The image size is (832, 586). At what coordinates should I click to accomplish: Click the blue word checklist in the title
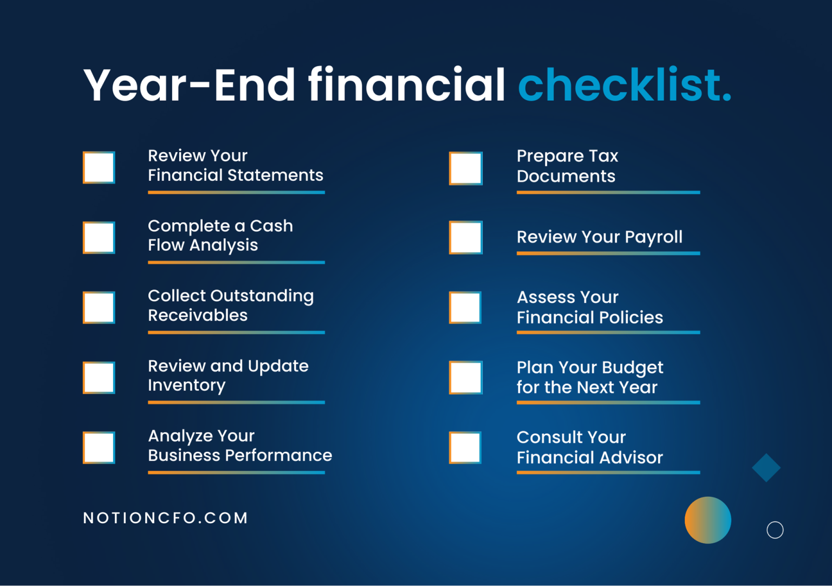624,85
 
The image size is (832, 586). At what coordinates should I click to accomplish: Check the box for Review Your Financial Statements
99,167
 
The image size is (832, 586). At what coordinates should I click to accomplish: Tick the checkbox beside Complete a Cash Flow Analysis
99,237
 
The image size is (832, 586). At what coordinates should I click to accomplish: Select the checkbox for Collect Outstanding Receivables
99,308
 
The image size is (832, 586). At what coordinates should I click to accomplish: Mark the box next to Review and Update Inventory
99,377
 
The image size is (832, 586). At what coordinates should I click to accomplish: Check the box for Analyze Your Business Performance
99,447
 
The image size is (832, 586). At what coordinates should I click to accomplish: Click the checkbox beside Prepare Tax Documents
466,168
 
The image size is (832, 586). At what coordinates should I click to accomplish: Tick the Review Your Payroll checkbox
466,237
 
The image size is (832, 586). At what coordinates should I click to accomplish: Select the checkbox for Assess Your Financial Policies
466,308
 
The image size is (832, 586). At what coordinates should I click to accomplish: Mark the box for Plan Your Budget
466,377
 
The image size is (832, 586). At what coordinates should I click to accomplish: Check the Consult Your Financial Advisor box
466,447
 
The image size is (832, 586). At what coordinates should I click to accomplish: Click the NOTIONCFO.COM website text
166,518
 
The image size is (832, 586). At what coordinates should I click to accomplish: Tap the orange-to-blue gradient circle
707,520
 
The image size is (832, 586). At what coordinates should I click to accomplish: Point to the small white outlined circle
775,530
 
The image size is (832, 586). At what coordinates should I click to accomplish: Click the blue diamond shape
766,467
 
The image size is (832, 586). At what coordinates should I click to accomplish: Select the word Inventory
186,386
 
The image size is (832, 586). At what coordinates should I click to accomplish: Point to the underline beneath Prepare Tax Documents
608,192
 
